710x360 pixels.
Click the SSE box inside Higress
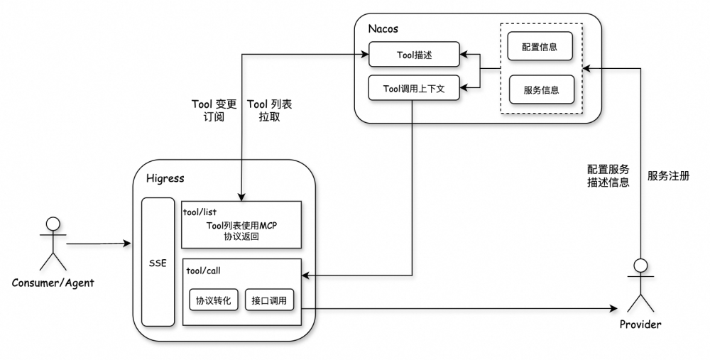pyautogui.click(x=158, y=262)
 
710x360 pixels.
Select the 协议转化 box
pyautogui.click(x=213, y=300)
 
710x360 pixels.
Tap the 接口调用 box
pyautogui.click(x=269, y=300)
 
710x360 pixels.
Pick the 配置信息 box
pyautogui.click(x=541, y=48)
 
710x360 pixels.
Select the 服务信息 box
pyautogui.click(x=541, y=89)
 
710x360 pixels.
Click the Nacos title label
pyautogui.click(x=383, y=29)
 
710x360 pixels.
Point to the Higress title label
pyautogui.click(x=164, y=178)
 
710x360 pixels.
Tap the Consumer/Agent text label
pyautogui.click(x=53, y=283)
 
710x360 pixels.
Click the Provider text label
pyautogui.click(x=640, y=324)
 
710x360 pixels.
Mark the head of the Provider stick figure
pyautogui.click(x=640, y=266)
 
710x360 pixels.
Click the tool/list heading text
pyautogui.click(x=200, y=212)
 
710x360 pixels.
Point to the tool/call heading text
pyautogui.click(x=201, y=270)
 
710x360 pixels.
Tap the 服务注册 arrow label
pyautogui.click(x=668, y=175)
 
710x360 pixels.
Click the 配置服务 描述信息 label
pyautogui.click(x=608, y=176)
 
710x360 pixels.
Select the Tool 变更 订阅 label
pyautogui.click(x=214, y=111)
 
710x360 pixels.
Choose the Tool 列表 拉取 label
pyautogui.click(x=269, y=111)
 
